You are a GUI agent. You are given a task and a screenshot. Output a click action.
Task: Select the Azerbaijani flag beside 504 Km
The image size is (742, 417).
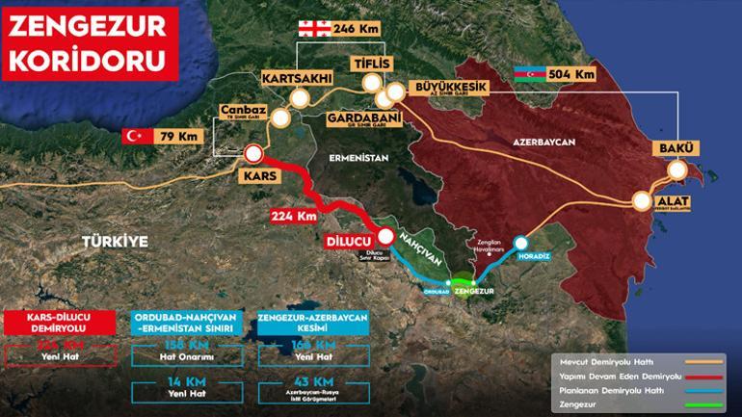(530, 73)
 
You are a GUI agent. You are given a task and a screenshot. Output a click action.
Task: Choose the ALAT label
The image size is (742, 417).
(676, 202)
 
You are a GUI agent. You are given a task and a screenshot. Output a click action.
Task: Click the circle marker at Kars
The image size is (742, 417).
(253, 152)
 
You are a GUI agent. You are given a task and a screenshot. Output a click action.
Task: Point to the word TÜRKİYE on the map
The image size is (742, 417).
(115, 242)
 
